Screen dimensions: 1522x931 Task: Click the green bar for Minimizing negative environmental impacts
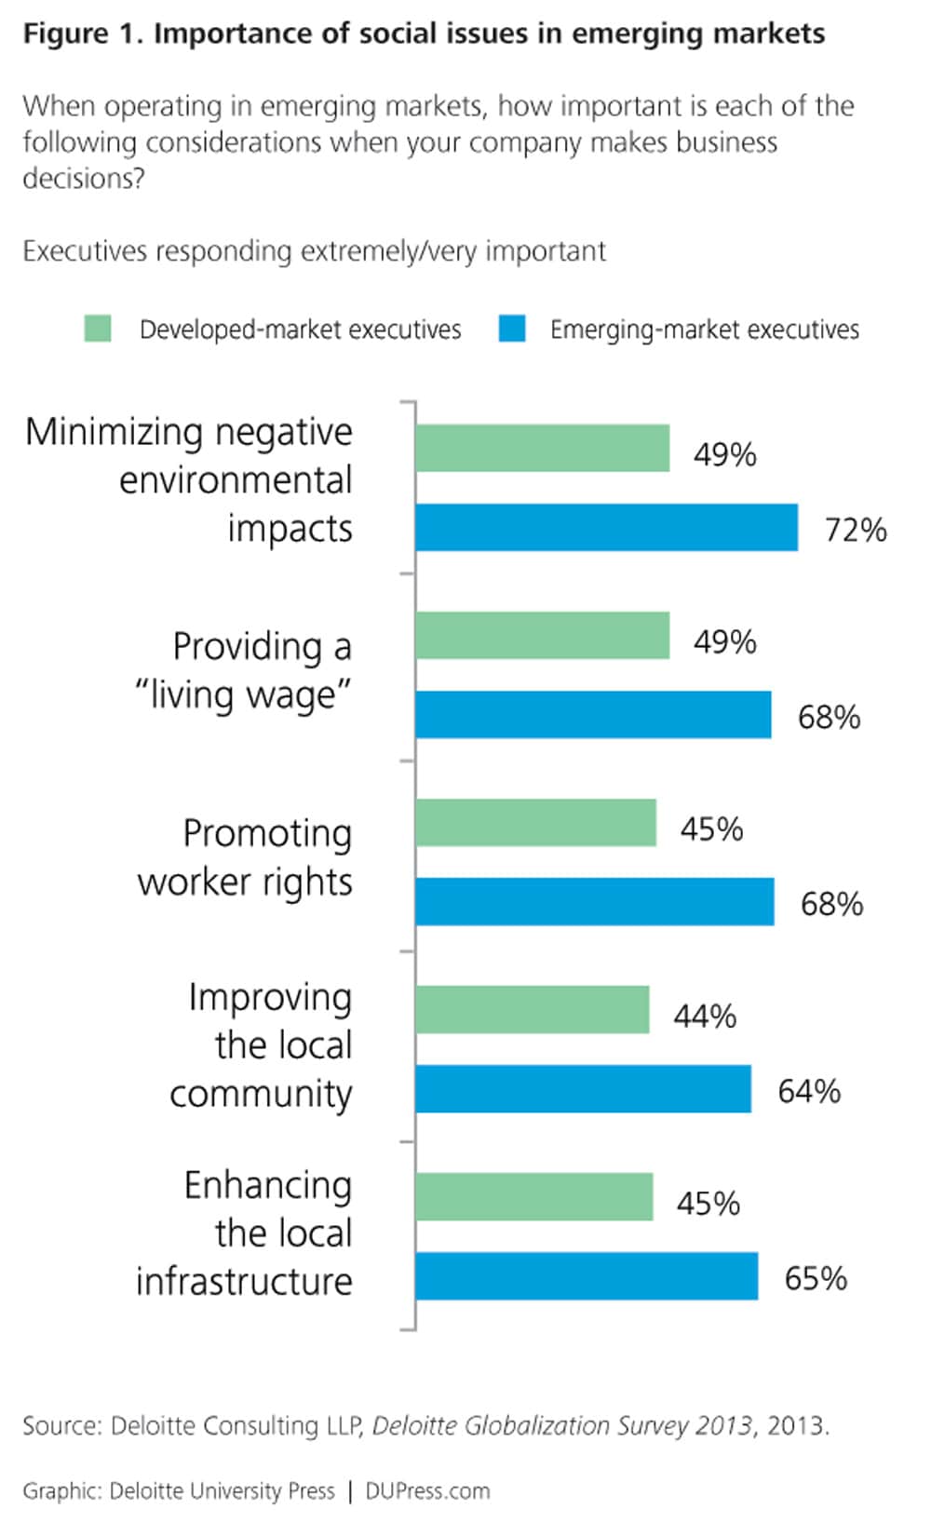pyautogui.click(x=542, y=449)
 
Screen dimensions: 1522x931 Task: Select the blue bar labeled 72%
pyautogui.click(x=606, y=528)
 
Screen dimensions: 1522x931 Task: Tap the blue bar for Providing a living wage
pyautogui.click(x=593, y=715)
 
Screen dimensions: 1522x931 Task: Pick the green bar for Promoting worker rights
pyautogui.click(x=535, y=823)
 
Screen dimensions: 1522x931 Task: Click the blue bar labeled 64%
pyautogui.click(x=583, y=1089)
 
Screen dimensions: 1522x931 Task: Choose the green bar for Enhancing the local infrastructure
pyautogui.click(x=533, y=1197)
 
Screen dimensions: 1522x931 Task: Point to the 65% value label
pyautogui.click(x=816, y=1278)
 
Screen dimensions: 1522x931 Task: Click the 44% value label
pyautogui.click(x=705, y=1016)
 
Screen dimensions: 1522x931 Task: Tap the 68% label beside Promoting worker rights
pyautogui.click(x=831, y=904)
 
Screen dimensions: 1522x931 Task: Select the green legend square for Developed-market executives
pyautogui.click(x=98, y=329)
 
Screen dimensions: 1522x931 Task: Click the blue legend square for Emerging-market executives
pyautogui.click(x=512, y=329)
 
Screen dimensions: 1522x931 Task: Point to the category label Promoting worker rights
pyautogui.click(x=246, y=857)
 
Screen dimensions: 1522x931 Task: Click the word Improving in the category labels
pyautogui.click(x=270, y=998)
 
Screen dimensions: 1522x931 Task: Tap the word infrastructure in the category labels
pyautogui.click(x=244, y=1282)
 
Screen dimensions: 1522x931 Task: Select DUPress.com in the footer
pyautogui.click(x=427, y=1490)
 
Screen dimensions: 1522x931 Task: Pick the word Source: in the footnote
pyautogui.click(x=61, y=1425)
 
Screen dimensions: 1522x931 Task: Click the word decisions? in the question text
pyautogui.click(x=84, y=178)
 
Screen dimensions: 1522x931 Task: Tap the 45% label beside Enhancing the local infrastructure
pyautogui.click(x=708, y=1203)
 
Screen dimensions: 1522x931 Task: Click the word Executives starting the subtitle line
pyautogui.click(x=85, y=251)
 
